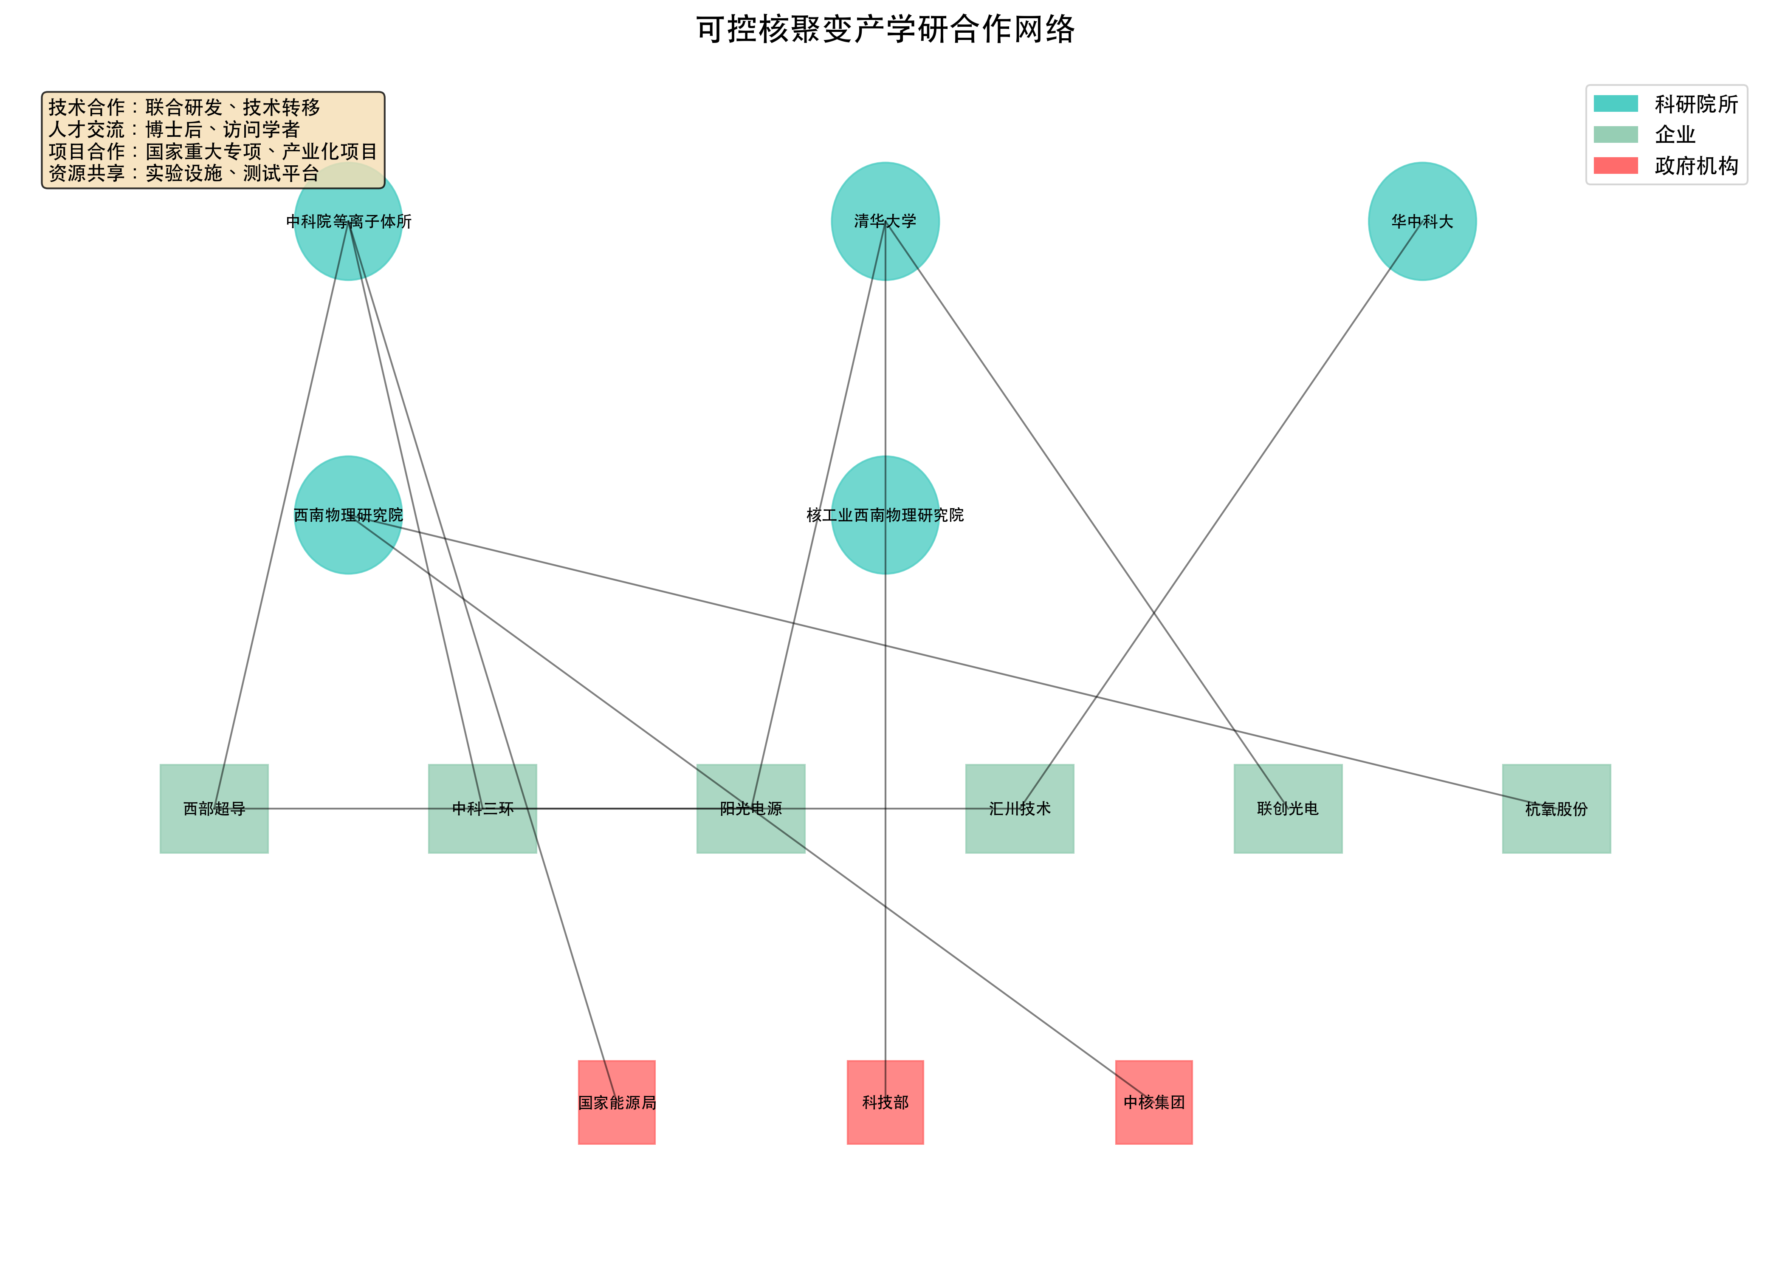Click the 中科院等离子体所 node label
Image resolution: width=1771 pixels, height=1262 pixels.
pos(349,221)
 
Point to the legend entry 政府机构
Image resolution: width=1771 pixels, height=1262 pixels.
pos(1696,166)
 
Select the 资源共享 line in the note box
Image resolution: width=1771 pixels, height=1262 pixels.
pos(184,173)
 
